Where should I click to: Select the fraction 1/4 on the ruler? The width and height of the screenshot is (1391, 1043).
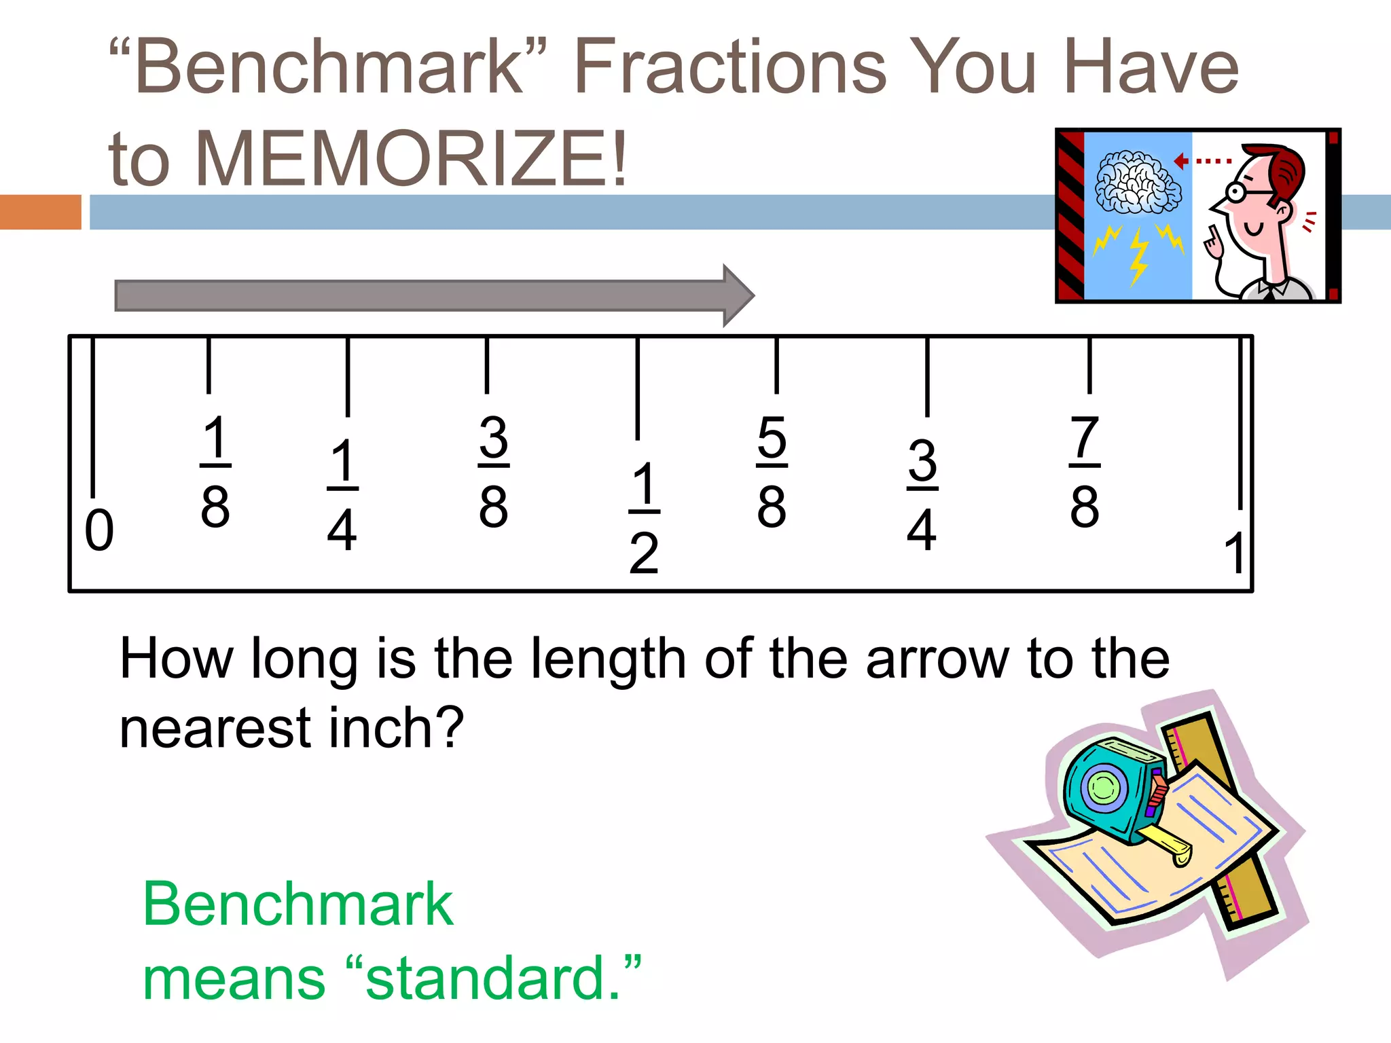(x=342, y=494)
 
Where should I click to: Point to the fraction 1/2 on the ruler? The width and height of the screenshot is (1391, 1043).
(x=644, y=517)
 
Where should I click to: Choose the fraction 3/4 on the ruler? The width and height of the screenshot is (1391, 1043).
(x=922, y=494)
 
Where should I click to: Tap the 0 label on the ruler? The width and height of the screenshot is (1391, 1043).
(x=99, y=530)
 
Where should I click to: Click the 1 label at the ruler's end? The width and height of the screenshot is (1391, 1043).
(x=1234, y=553)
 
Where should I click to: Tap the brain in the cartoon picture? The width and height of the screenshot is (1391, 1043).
(x=1138, y=182)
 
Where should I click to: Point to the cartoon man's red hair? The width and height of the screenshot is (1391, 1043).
(x=1287, y=170)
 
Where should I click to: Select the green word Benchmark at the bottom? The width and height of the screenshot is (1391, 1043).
(x=297, y=904)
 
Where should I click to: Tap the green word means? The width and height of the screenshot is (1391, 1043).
(x=234, y=978)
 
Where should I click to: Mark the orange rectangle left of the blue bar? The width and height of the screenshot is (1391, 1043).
(x=40, y=212)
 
